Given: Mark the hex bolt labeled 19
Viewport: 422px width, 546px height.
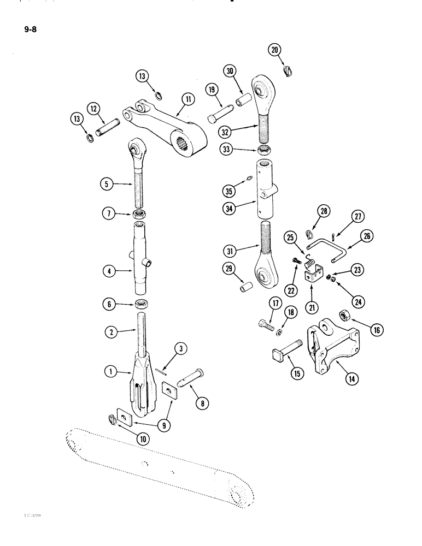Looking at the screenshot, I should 217,117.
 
